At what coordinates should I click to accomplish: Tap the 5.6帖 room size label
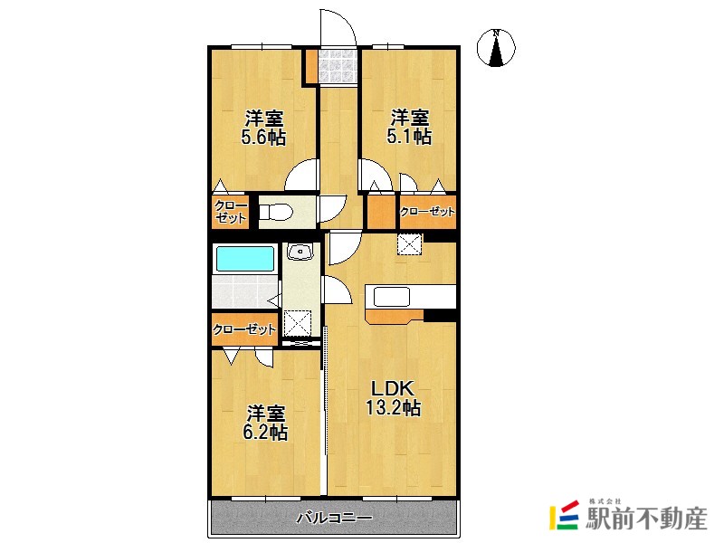263,138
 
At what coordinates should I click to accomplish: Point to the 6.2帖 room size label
264,433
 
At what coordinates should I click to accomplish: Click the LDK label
392,387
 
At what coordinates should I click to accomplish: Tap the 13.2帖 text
392,408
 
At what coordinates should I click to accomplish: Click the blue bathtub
244,258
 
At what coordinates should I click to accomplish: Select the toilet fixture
276,213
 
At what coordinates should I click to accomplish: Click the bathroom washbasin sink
300,252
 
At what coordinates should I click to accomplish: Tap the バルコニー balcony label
335,519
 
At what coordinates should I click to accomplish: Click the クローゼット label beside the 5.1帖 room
427,212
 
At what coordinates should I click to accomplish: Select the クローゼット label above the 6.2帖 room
243,329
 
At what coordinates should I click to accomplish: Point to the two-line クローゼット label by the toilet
231,212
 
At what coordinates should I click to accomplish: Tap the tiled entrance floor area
338,64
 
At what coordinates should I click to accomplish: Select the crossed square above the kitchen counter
410,244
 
